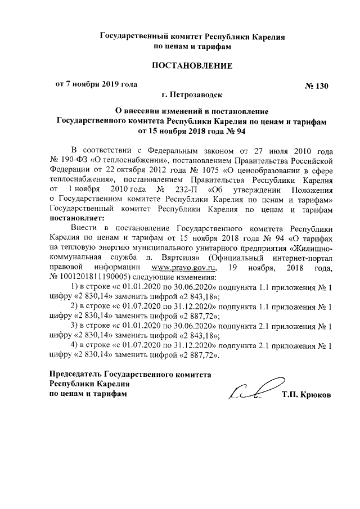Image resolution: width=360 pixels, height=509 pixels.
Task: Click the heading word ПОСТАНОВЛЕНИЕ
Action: click(x=193, y=66)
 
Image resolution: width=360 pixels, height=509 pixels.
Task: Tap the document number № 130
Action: click(x=316, y=87)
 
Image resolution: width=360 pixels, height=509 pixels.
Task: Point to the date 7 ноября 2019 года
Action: click(x=102, y=85)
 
